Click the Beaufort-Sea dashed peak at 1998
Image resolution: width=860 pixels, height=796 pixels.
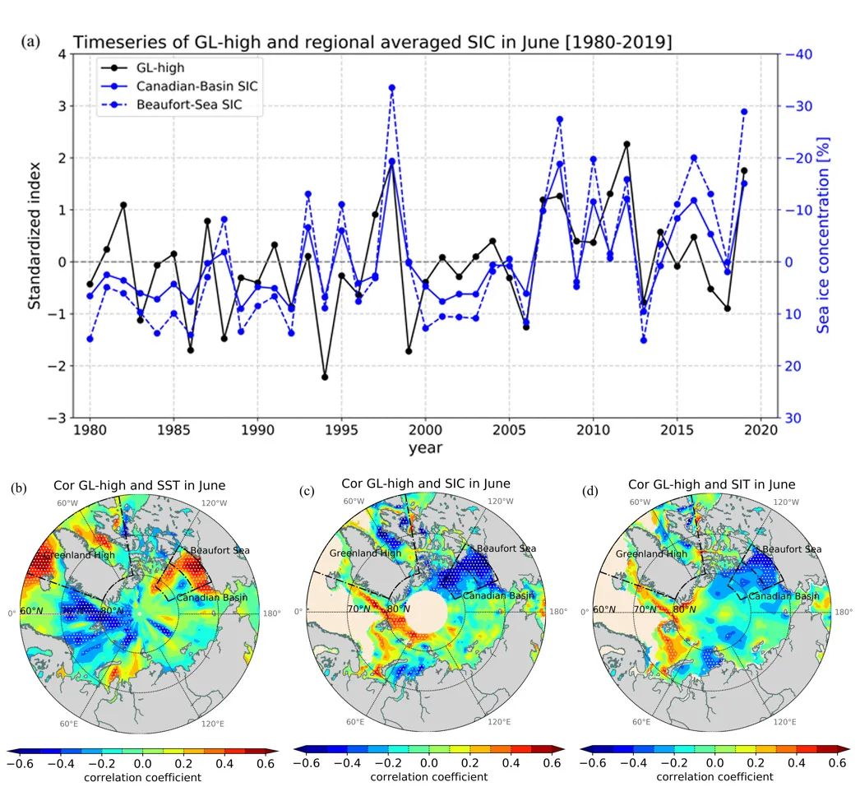(392, 87)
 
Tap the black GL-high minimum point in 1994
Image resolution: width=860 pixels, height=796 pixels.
(325, 377)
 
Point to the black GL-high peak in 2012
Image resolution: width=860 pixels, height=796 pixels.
(627, 144)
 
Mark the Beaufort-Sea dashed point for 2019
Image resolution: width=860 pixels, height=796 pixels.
(744, 112)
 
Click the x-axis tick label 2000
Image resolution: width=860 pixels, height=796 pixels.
(425, 431)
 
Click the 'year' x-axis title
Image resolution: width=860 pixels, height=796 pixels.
(425, 448)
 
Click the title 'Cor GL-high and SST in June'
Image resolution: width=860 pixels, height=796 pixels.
(144, 486)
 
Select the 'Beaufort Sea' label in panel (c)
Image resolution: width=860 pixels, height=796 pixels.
(506, 548)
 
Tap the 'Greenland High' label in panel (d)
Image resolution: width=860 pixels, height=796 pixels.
(651, 553)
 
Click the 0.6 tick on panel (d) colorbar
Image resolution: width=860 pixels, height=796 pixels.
(837, 763)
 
